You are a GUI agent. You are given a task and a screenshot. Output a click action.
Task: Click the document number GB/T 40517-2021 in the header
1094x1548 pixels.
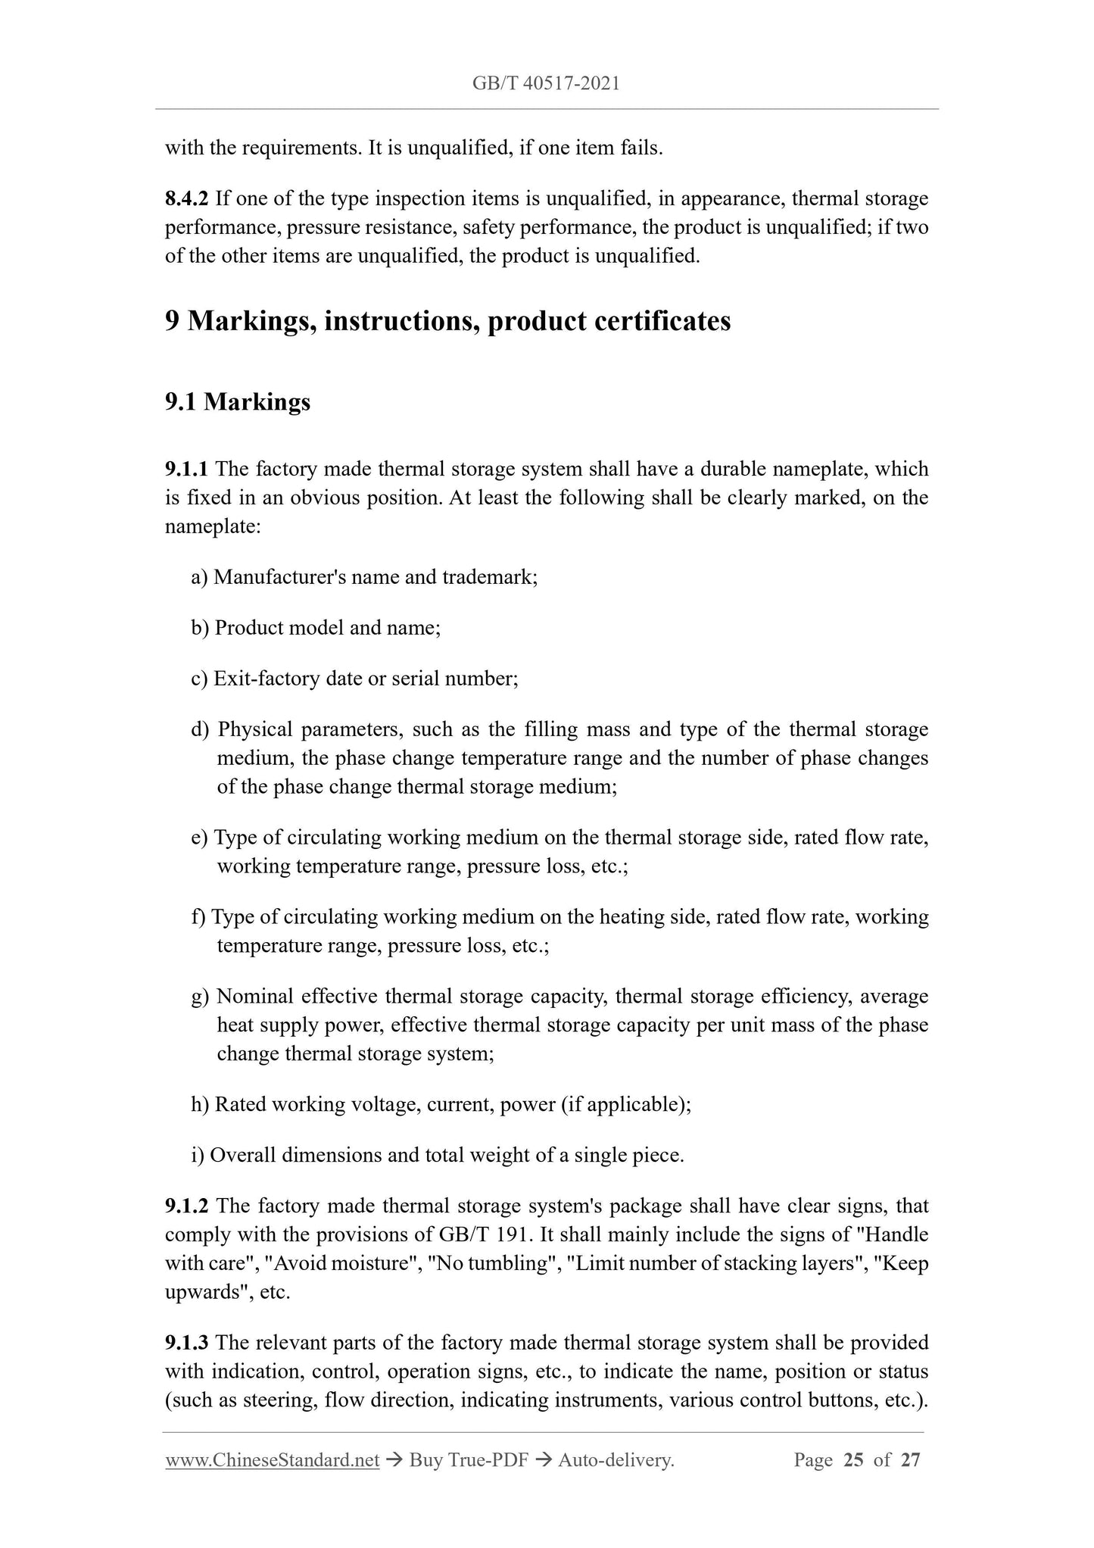546,84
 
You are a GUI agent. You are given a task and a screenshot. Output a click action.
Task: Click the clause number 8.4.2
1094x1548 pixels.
187,199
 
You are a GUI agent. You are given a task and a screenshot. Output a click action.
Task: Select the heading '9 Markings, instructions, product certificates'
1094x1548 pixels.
447,321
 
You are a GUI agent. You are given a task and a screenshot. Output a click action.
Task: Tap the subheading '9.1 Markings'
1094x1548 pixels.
238,401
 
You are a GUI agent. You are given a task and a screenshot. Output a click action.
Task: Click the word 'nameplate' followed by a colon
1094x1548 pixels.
211,526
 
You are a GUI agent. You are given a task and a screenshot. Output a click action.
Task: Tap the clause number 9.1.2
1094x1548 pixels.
187,1206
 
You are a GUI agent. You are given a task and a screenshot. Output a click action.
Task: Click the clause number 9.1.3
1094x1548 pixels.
187,1343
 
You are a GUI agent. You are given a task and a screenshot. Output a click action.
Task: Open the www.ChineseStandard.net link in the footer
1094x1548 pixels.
272,1460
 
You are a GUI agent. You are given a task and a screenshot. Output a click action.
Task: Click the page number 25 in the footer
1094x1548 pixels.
853,1460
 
